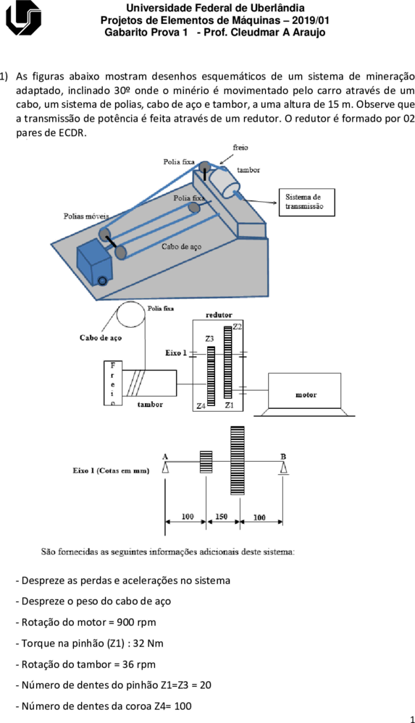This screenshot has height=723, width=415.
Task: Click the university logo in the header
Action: (x=23, y=17)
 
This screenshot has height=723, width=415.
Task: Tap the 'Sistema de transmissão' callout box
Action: (x=306, y=202)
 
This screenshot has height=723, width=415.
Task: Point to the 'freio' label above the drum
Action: (x=240, y=148)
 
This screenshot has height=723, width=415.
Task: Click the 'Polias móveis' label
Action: (x=86, y=216)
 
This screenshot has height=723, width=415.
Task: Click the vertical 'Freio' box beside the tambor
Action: (x=113, y=383)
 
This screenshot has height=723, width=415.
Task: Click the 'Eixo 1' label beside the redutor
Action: (x=176, y=353)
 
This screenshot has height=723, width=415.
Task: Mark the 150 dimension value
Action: (x=221, y=517)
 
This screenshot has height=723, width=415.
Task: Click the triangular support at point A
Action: (x=165, y=467)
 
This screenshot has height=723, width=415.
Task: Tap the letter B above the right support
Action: (x=283, y=457)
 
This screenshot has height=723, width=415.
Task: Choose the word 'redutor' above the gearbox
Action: (x=219, y=315)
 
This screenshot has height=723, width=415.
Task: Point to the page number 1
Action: (x=412, y=719)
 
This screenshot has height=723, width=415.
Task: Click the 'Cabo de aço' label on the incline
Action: (x=181, y=247)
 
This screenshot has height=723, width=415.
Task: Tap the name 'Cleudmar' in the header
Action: (x=260, y=33)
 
